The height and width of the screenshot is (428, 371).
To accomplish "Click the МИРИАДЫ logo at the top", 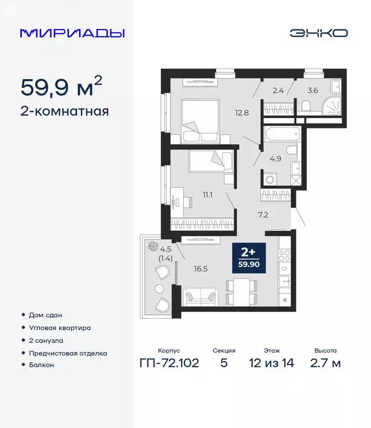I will (x=72, y=33).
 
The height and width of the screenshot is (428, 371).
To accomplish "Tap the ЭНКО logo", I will (x=318, y=33).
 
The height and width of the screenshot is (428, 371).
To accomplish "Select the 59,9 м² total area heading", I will (x=61, y=87).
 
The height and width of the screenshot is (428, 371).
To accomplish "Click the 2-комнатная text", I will (x=65, y=111).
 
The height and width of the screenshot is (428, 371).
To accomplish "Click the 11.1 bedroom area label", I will (x=209, y=195).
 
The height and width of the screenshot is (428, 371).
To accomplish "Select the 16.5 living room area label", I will (x=200, y=269).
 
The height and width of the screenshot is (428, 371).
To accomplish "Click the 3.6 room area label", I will (x=313, y=88).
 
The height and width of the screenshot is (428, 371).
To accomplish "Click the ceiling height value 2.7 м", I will (x=325, y=364).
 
